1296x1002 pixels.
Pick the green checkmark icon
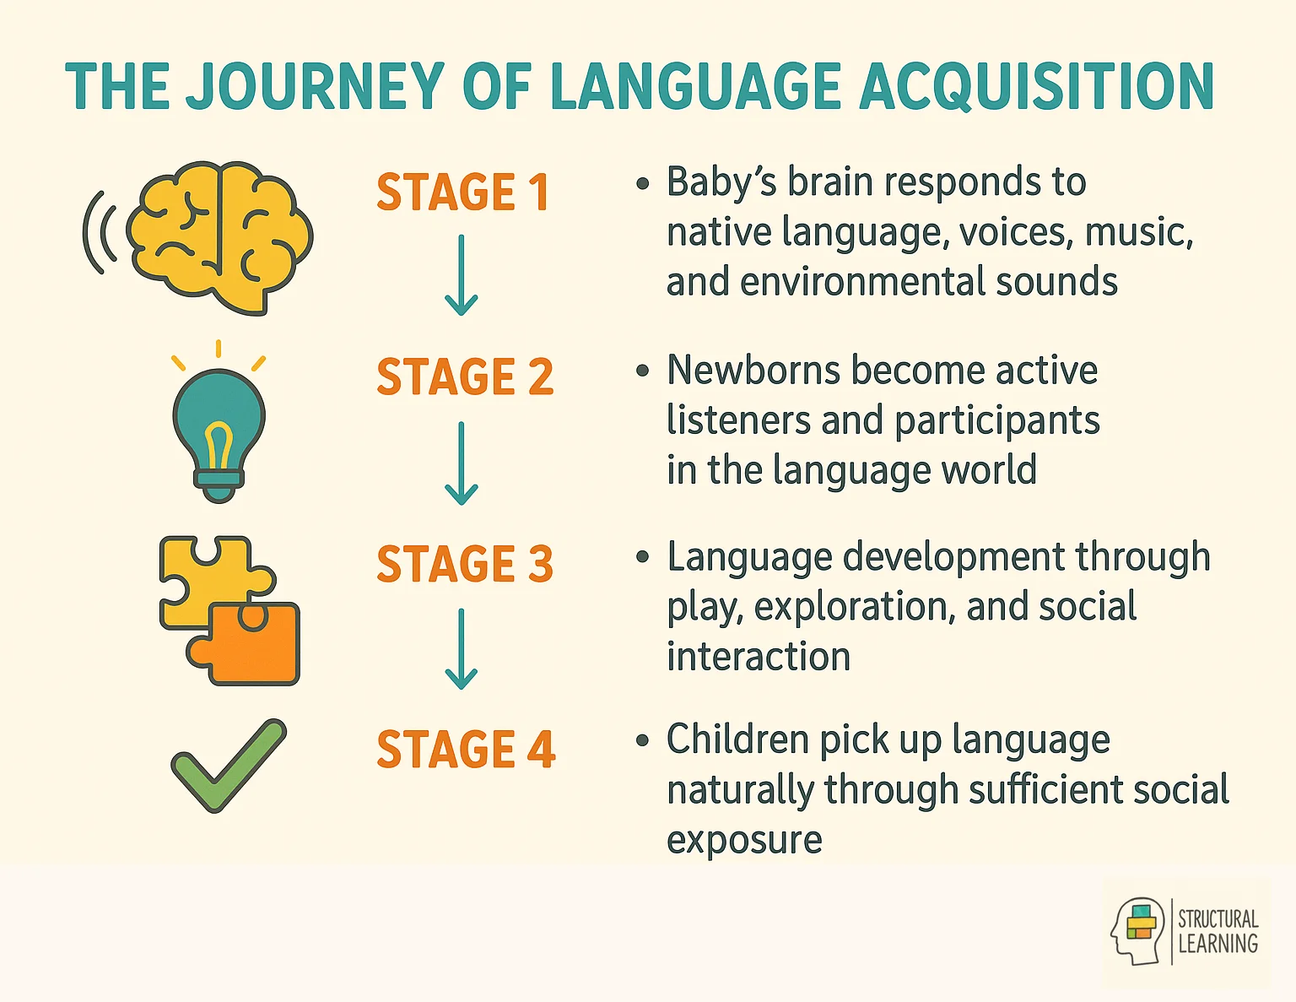coord(228,764)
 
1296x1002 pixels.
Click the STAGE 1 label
coord(462,192)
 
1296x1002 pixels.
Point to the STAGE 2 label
coord(465,376)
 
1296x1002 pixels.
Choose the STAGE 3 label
coord(465,564)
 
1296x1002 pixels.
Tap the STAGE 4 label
coord(466,750)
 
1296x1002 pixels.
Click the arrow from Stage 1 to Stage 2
coord(461,275)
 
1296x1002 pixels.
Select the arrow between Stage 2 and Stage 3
coord(461,463)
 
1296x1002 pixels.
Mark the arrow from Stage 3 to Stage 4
coord(461,648)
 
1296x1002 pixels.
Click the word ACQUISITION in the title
coord(1036,87)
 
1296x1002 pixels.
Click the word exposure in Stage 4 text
coord(744,840)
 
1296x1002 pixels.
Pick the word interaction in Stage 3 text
coord(759,657)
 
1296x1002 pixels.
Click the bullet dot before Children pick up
coord(643,741)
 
